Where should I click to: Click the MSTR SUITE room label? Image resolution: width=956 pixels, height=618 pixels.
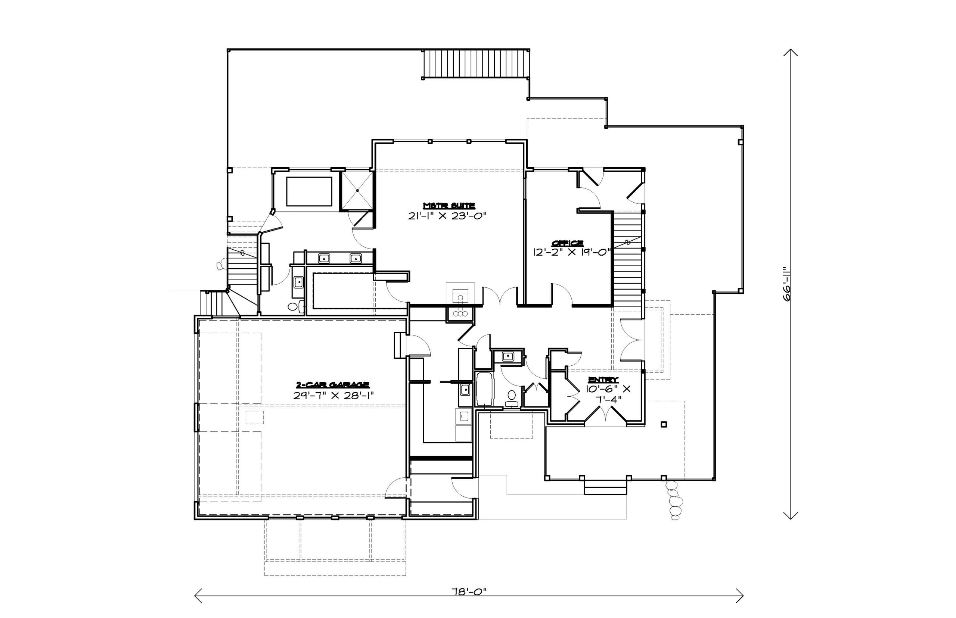coord(449,206)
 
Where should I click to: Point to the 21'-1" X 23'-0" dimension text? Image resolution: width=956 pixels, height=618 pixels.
coord(447,216)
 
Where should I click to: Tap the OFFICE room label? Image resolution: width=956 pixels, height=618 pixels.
coord(567,243)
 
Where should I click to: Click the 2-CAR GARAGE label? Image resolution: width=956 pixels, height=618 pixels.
coord(332,384)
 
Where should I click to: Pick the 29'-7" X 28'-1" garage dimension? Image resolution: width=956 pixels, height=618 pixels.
coord(333,395)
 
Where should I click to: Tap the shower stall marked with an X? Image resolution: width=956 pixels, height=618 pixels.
coord(357,191)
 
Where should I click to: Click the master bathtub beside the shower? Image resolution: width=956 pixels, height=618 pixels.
coord(309,191)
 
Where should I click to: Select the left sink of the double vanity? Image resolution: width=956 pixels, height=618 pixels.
coord(324,258)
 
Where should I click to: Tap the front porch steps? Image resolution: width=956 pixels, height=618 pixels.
coord(605,487)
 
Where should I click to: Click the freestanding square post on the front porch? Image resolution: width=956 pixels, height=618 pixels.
coord(664,424)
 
